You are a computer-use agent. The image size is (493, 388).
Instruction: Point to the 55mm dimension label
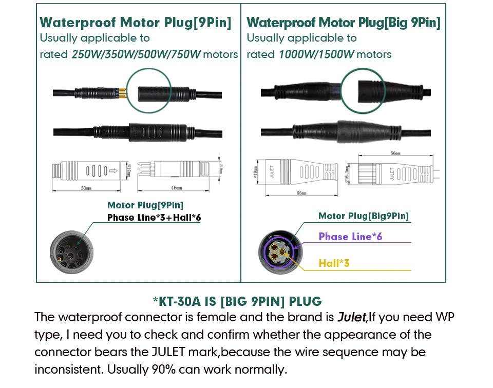[301, 192]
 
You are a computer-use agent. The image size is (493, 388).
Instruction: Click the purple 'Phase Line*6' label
[350, 237]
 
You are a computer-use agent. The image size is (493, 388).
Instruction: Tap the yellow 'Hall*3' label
[334, 263]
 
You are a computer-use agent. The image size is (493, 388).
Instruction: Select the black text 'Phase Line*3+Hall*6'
[154, 218]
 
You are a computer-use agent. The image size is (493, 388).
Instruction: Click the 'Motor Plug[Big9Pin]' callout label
[364, 216]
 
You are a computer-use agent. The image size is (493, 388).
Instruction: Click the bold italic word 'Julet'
[351, 317]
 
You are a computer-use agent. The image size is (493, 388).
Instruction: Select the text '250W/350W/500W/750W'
[136, 54]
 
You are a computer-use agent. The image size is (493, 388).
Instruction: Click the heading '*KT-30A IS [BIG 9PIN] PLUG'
[237, 301]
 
